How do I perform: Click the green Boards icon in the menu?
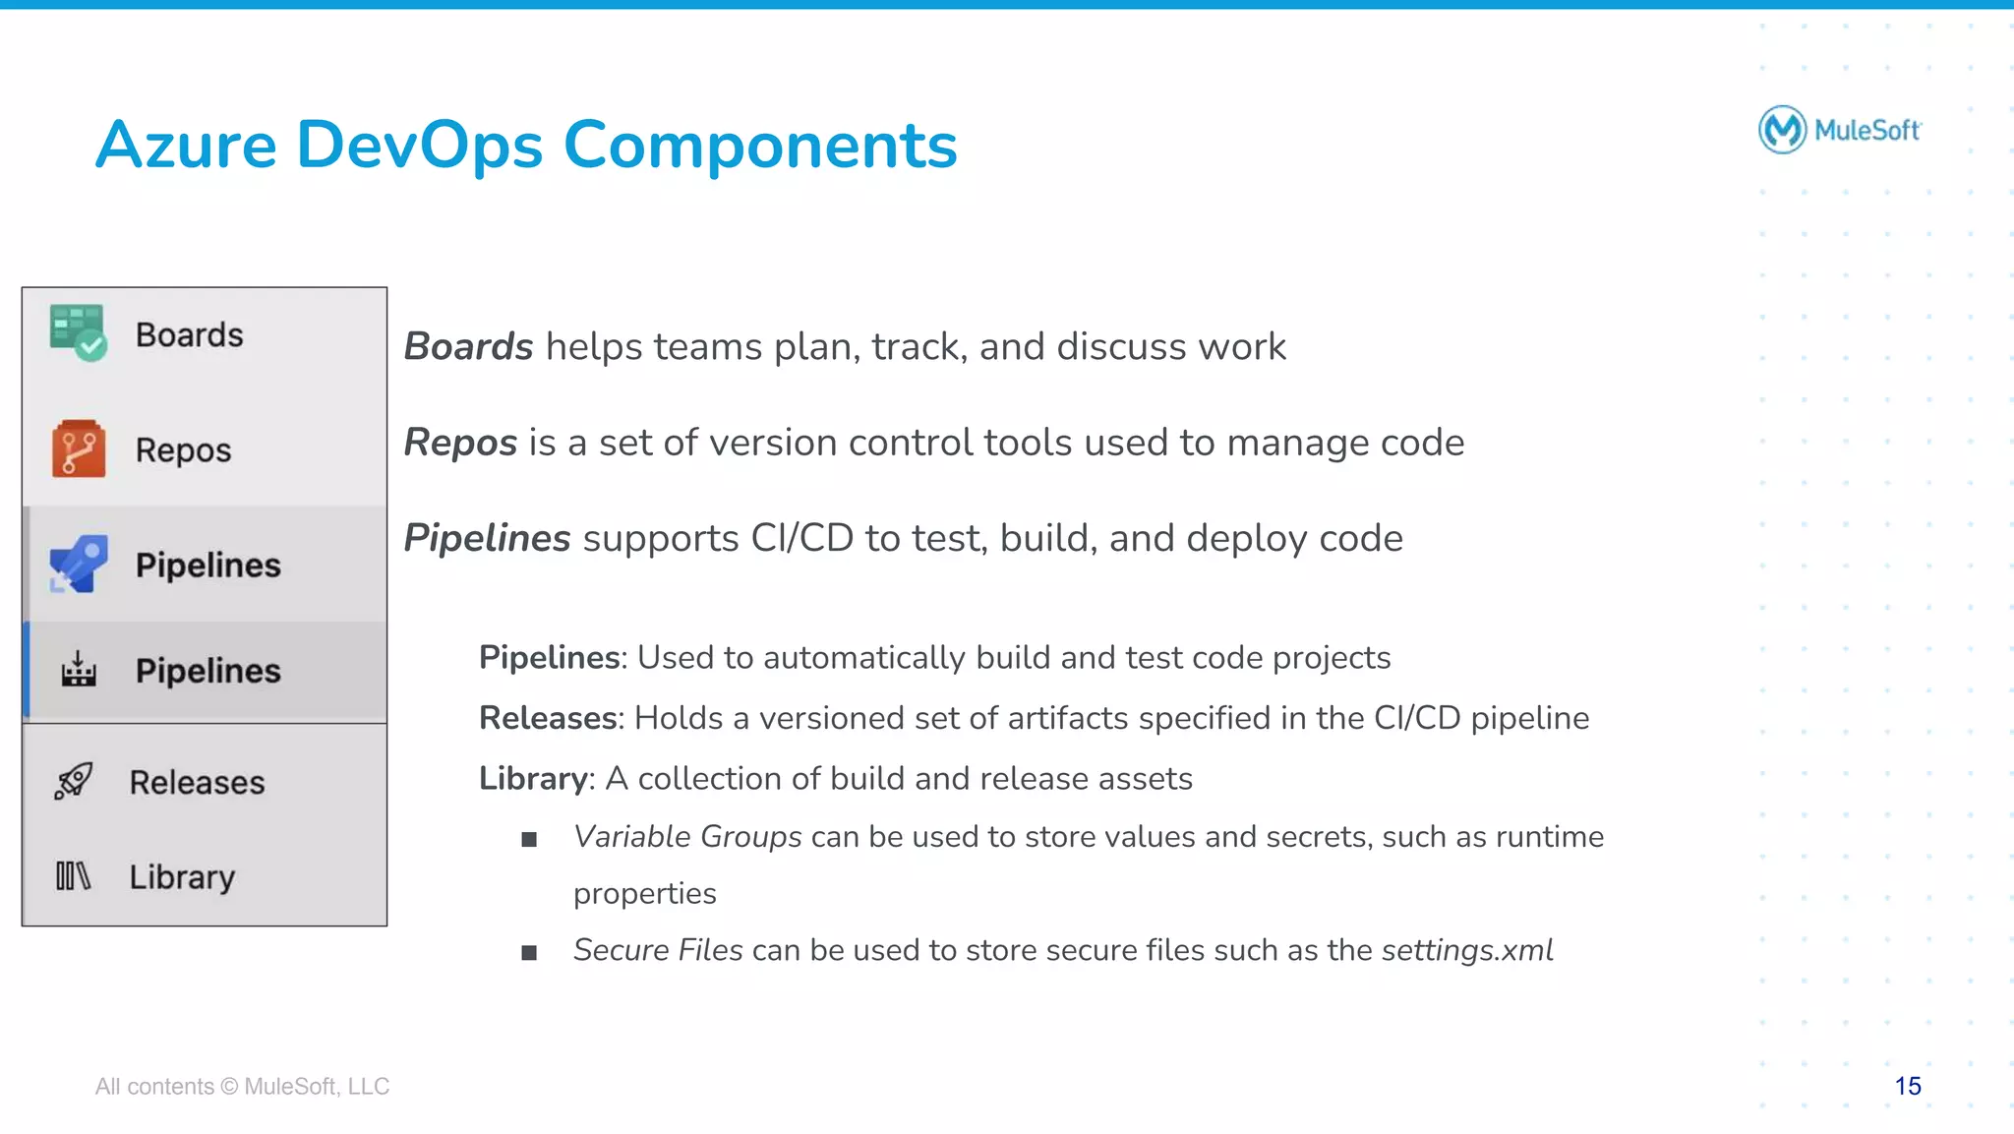click(x=78, y=333)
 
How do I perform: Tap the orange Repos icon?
click(x=79, y=449)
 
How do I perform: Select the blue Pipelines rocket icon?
click(x=78, y=565)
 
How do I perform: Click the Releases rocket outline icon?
click(x=74, y=782)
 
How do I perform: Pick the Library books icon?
click(x=73, y=875)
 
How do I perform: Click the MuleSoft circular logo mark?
click(x=1782, y=130)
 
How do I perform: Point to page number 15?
click(x=1907, y=1086)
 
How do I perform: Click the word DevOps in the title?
click(x=419, y=146)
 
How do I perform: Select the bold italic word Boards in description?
click(x=468, y=347)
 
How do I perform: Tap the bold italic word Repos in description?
click(x=460, y=443)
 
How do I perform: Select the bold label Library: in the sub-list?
click(x=536, y=779)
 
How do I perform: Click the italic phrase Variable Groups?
click(x=687, y=837)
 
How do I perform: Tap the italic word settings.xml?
click(x=1466, y=950)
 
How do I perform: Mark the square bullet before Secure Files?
click(x=529, y=952)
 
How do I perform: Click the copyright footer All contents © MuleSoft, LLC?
click(x=242, y=1086)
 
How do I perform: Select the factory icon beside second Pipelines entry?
click(x=79, y=670)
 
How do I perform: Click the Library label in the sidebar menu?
click(x=182, y=877)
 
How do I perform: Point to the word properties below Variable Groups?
click(x=644, y=894)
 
